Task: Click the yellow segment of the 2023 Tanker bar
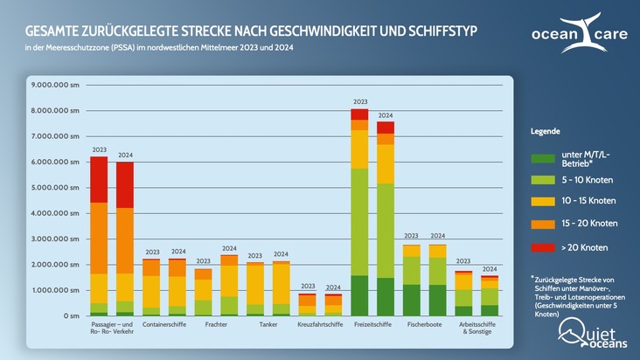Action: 255,284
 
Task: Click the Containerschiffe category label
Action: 164,325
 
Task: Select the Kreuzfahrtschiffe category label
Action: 320,325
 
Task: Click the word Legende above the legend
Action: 546,131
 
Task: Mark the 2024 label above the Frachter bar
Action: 229,249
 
